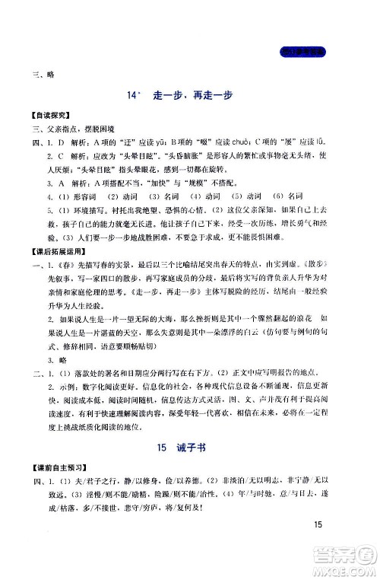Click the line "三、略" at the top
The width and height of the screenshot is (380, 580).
point(36,74)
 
